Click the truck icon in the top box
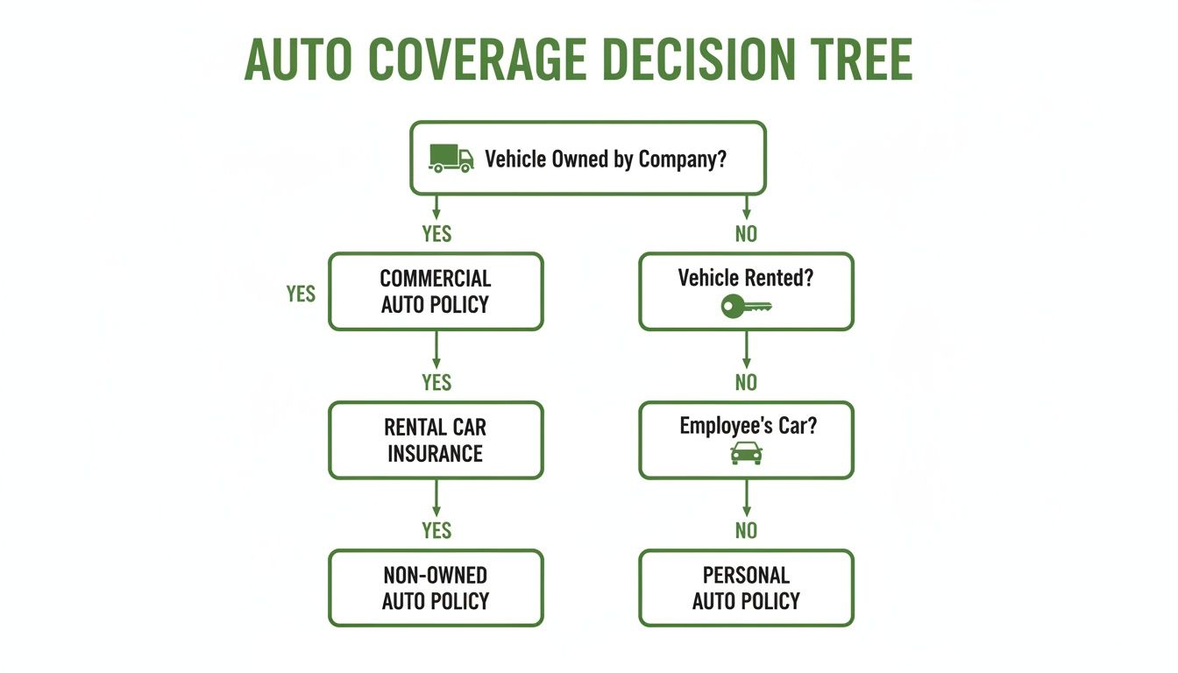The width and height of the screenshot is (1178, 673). [x=451, y=159]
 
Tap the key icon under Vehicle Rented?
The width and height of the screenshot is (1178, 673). [x=746, y=307]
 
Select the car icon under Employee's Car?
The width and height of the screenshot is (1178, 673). [x=746, y=453]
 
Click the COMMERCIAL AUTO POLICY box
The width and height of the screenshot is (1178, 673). [x=436, y=292]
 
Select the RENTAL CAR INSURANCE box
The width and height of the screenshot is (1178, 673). [x=436, y=440]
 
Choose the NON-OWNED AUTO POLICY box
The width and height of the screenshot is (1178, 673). [x=436, y=588]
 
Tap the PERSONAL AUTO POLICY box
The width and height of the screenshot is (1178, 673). [x=746, y=588]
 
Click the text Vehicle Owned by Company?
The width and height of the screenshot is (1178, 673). [x=606, y=159]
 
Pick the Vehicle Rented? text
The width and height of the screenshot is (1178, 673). [x=746, y=278]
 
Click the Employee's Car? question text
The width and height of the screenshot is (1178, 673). [x=746, y=426]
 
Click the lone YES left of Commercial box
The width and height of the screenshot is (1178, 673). [x=301, y=294]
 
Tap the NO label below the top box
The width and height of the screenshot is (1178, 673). [x=746, y=234]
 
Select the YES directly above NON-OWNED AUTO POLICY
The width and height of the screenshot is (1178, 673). [x=436, y=530]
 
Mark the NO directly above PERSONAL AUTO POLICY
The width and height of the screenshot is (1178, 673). [x=746, y=530]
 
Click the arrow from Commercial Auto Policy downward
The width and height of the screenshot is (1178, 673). [x=436, y=350]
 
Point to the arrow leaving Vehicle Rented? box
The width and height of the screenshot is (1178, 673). [x=746, y=350]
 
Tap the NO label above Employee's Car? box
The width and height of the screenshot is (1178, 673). [x=746, y=382]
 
